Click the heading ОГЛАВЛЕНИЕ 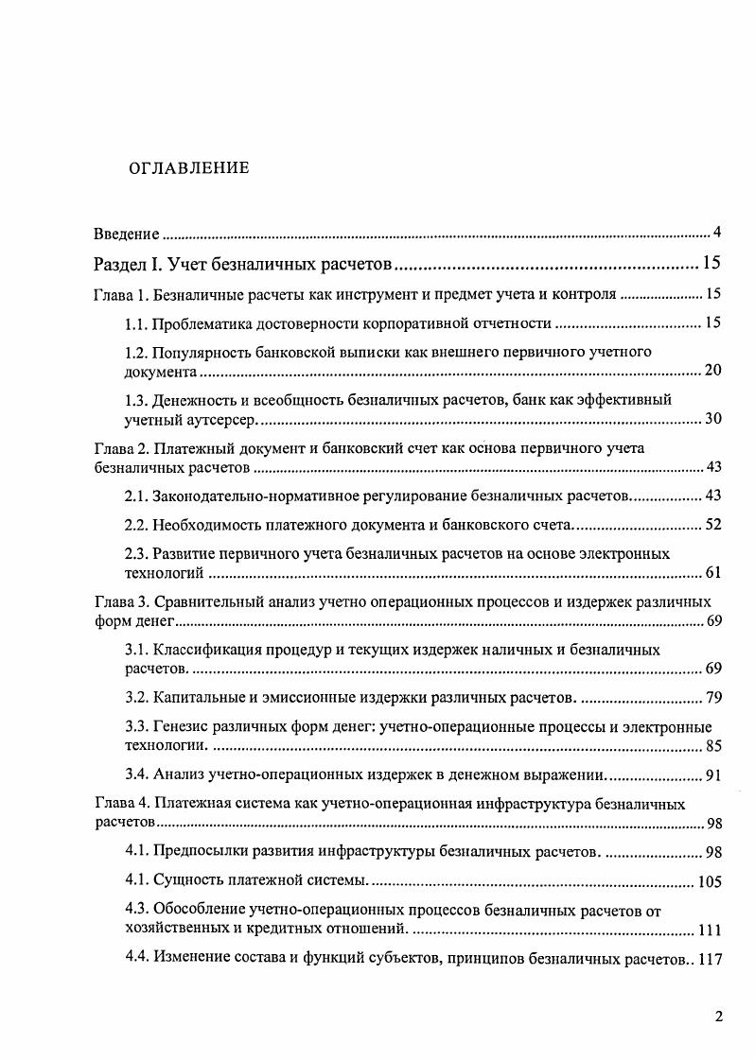[x=188, y=168]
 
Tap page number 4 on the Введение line [x=718, y=233]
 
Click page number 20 [x=713, y=370]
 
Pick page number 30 [x=713, y=418]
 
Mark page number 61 [x=713, y=572]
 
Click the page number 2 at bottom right [x=719, y=1018]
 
